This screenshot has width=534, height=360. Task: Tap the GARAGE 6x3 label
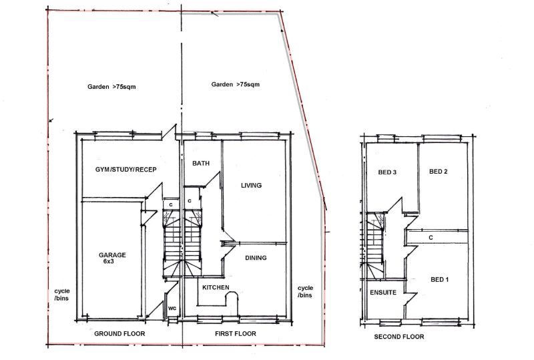(x=112, y=258)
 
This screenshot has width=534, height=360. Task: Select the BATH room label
(x=201, y=163)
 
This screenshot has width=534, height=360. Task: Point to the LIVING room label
(x=251, y=185)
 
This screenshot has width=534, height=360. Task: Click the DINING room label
(x=255, y=258)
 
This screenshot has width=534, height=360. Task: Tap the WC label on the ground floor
(x=172, y=309)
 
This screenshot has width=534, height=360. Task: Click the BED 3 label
(x=387, y=172)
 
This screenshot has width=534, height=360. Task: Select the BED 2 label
(x=438, y=172)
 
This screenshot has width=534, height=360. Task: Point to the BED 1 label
(x=439, y=279)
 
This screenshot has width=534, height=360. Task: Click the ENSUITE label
(x=382, y=293)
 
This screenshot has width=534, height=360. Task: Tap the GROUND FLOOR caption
(x=119, y=333)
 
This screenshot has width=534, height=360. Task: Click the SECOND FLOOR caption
(x=398, y=337)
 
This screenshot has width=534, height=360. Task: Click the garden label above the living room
(x=235, y=85)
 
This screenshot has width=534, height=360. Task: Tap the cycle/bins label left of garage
(x=62, y=295)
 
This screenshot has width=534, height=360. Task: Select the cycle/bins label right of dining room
(x=305, y=291)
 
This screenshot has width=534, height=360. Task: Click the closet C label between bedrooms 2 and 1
(x=431, y=237)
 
